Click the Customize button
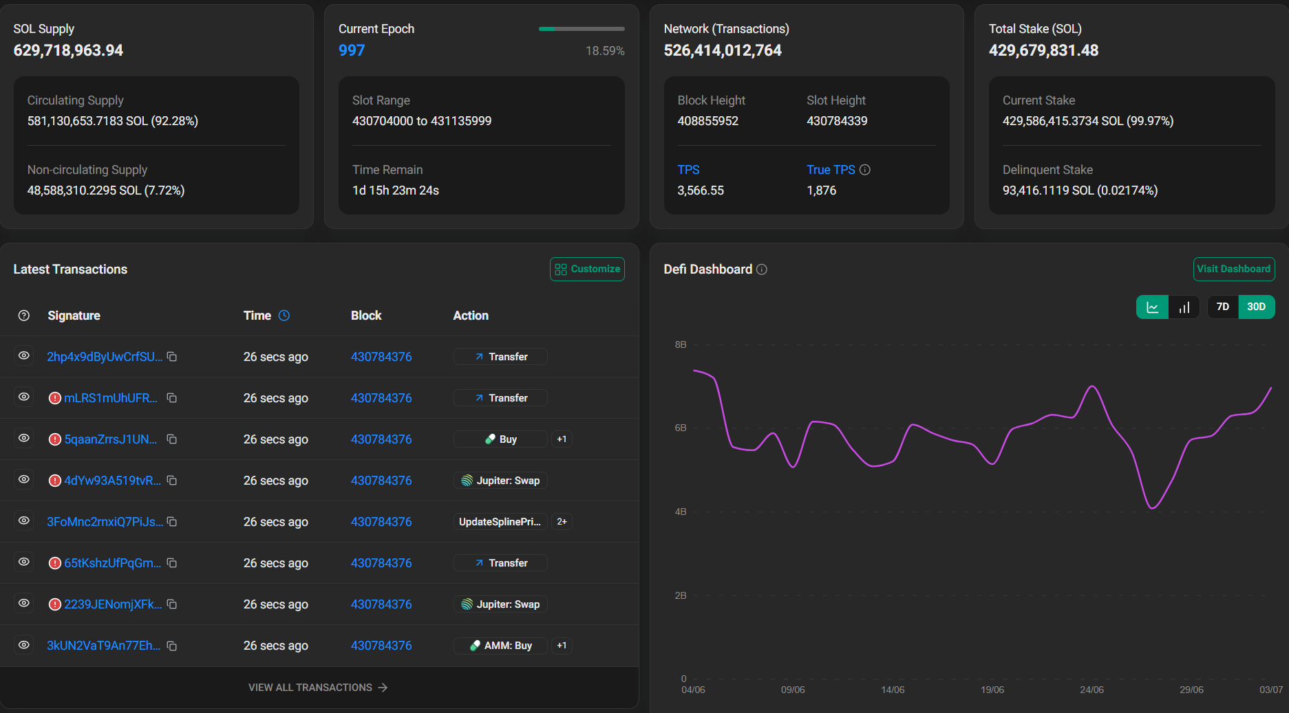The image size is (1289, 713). [587, 269]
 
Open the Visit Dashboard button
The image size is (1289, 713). [1233, 269]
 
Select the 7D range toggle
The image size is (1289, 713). [1223, 307]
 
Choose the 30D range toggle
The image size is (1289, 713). [1257, 307]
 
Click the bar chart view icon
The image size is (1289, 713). [1184, 307]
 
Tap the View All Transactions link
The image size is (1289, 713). [318, 688]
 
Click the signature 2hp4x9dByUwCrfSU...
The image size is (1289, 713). [105, 357]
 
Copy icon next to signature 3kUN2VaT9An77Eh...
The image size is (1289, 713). [172, 646]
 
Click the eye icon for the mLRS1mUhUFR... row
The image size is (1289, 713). [24, 397]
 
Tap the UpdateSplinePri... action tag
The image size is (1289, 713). [500, 522]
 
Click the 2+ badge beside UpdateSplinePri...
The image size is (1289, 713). [562, 522]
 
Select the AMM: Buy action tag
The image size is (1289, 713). [500, 646]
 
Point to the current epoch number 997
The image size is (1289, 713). [352, 50]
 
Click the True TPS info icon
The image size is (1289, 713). [865, 170]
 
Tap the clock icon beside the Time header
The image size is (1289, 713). [284, 316]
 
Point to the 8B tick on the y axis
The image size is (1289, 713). [681, 344]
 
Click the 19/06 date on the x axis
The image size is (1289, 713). [992, 690]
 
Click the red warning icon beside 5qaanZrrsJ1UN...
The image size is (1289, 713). [55, 439]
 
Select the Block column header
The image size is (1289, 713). [366, 316]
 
